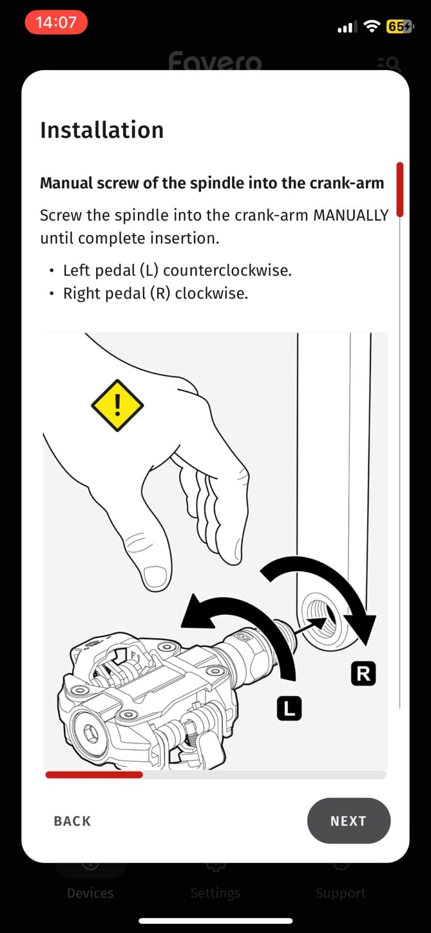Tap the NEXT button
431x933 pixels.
pos(348,821)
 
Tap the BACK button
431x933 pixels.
pos(72,821)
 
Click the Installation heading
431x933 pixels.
pos(102,130)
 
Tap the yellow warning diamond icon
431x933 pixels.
pos(117,405)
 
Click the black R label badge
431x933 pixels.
pos(363,674)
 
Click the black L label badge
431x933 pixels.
pos(289,708)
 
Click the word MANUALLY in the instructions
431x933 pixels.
pos(351,215)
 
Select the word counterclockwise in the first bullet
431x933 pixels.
pos(227,270)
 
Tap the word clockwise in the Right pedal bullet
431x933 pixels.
pos(211,294)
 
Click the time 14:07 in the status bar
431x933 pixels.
pos(56,22)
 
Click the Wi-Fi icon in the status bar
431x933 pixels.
pos(372,27)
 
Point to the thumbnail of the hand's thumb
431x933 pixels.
pos(155,577)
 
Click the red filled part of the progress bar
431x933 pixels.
pos(94,775)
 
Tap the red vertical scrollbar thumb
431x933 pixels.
pos(400,190)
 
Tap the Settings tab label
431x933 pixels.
pos(215,893)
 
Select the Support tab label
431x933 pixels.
pos(341,893)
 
